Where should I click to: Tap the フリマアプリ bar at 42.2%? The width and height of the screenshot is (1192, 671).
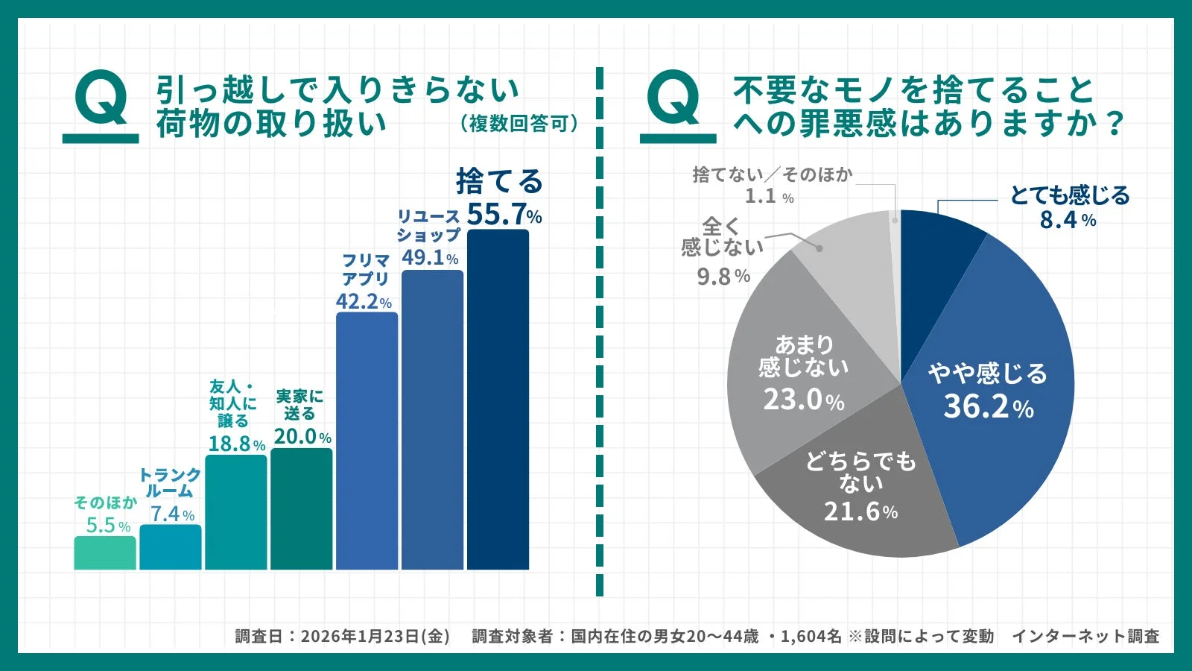tap(367, 441)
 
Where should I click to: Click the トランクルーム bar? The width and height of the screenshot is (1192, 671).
tap(170, 547)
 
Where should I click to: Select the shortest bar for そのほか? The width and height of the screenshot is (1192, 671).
tap(105, 552)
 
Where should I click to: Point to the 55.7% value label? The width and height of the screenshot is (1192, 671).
tap(504, 215)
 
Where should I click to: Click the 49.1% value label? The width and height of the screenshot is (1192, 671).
tap(430, 258)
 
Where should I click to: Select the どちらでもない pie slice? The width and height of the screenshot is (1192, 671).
tap(857, 492)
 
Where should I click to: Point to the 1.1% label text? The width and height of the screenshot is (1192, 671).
tap(769, 197)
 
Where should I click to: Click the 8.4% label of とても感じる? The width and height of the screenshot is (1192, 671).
tap(1068, 221)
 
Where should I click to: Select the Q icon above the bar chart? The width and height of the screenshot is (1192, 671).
tap(101, 104)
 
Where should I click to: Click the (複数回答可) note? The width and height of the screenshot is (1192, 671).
tap(519, 123)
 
